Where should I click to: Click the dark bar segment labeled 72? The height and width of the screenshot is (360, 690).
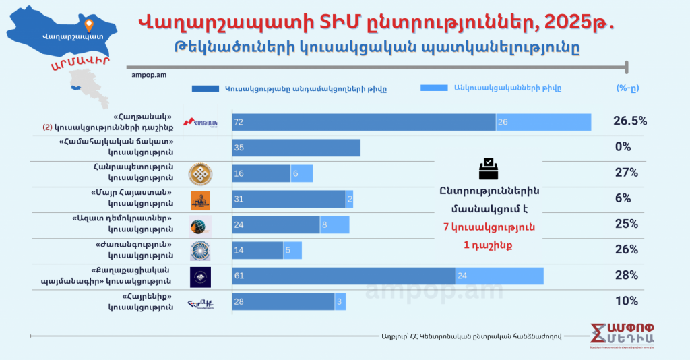364,122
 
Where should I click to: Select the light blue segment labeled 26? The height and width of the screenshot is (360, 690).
543,122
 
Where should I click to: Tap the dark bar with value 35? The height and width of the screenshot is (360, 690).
296,148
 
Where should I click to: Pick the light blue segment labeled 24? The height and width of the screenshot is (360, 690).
499,276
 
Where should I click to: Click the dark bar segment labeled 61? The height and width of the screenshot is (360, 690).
344,276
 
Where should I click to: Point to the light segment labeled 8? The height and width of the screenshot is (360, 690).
334,224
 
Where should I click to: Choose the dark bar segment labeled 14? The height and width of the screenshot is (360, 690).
257,250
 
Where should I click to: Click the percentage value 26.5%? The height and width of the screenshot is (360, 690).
629,121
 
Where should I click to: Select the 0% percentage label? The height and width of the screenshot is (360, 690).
623,147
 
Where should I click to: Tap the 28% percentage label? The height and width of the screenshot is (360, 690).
626,275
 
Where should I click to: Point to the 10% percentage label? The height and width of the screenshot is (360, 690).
626,301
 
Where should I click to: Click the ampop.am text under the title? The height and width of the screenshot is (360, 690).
146,75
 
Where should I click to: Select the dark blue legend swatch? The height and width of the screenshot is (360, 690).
205,88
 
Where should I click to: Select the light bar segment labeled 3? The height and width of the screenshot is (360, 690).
340,301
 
